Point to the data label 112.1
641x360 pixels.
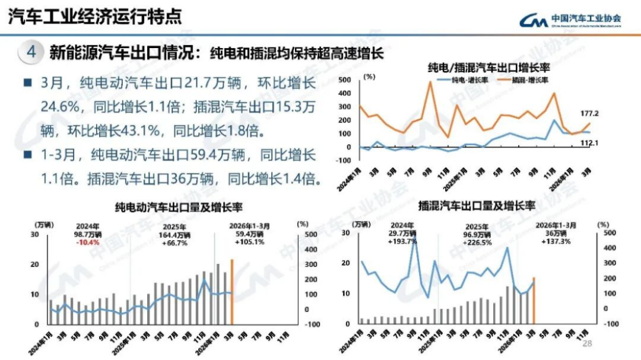[x=590, y=142]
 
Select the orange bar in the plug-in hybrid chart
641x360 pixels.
[x=534, y=301]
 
